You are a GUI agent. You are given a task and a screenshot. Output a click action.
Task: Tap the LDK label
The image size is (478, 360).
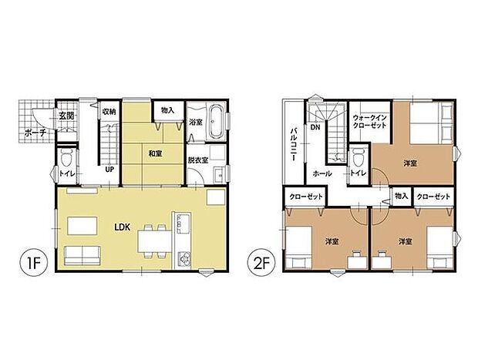123,227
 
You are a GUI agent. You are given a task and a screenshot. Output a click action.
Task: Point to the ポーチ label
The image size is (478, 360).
36,133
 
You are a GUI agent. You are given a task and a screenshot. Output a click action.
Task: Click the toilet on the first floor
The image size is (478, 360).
67,160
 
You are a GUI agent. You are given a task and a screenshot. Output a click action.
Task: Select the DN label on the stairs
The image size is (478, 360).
315,128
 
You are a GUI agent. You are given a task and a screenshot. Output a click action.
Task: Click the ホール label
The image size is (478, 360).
322,174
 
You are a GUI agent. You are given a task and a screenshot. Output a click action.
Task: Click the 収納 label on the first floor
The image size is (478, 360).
109,112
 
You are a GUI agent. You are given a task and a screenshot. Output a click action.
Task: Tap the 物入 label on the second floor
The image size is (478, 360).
400,197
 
